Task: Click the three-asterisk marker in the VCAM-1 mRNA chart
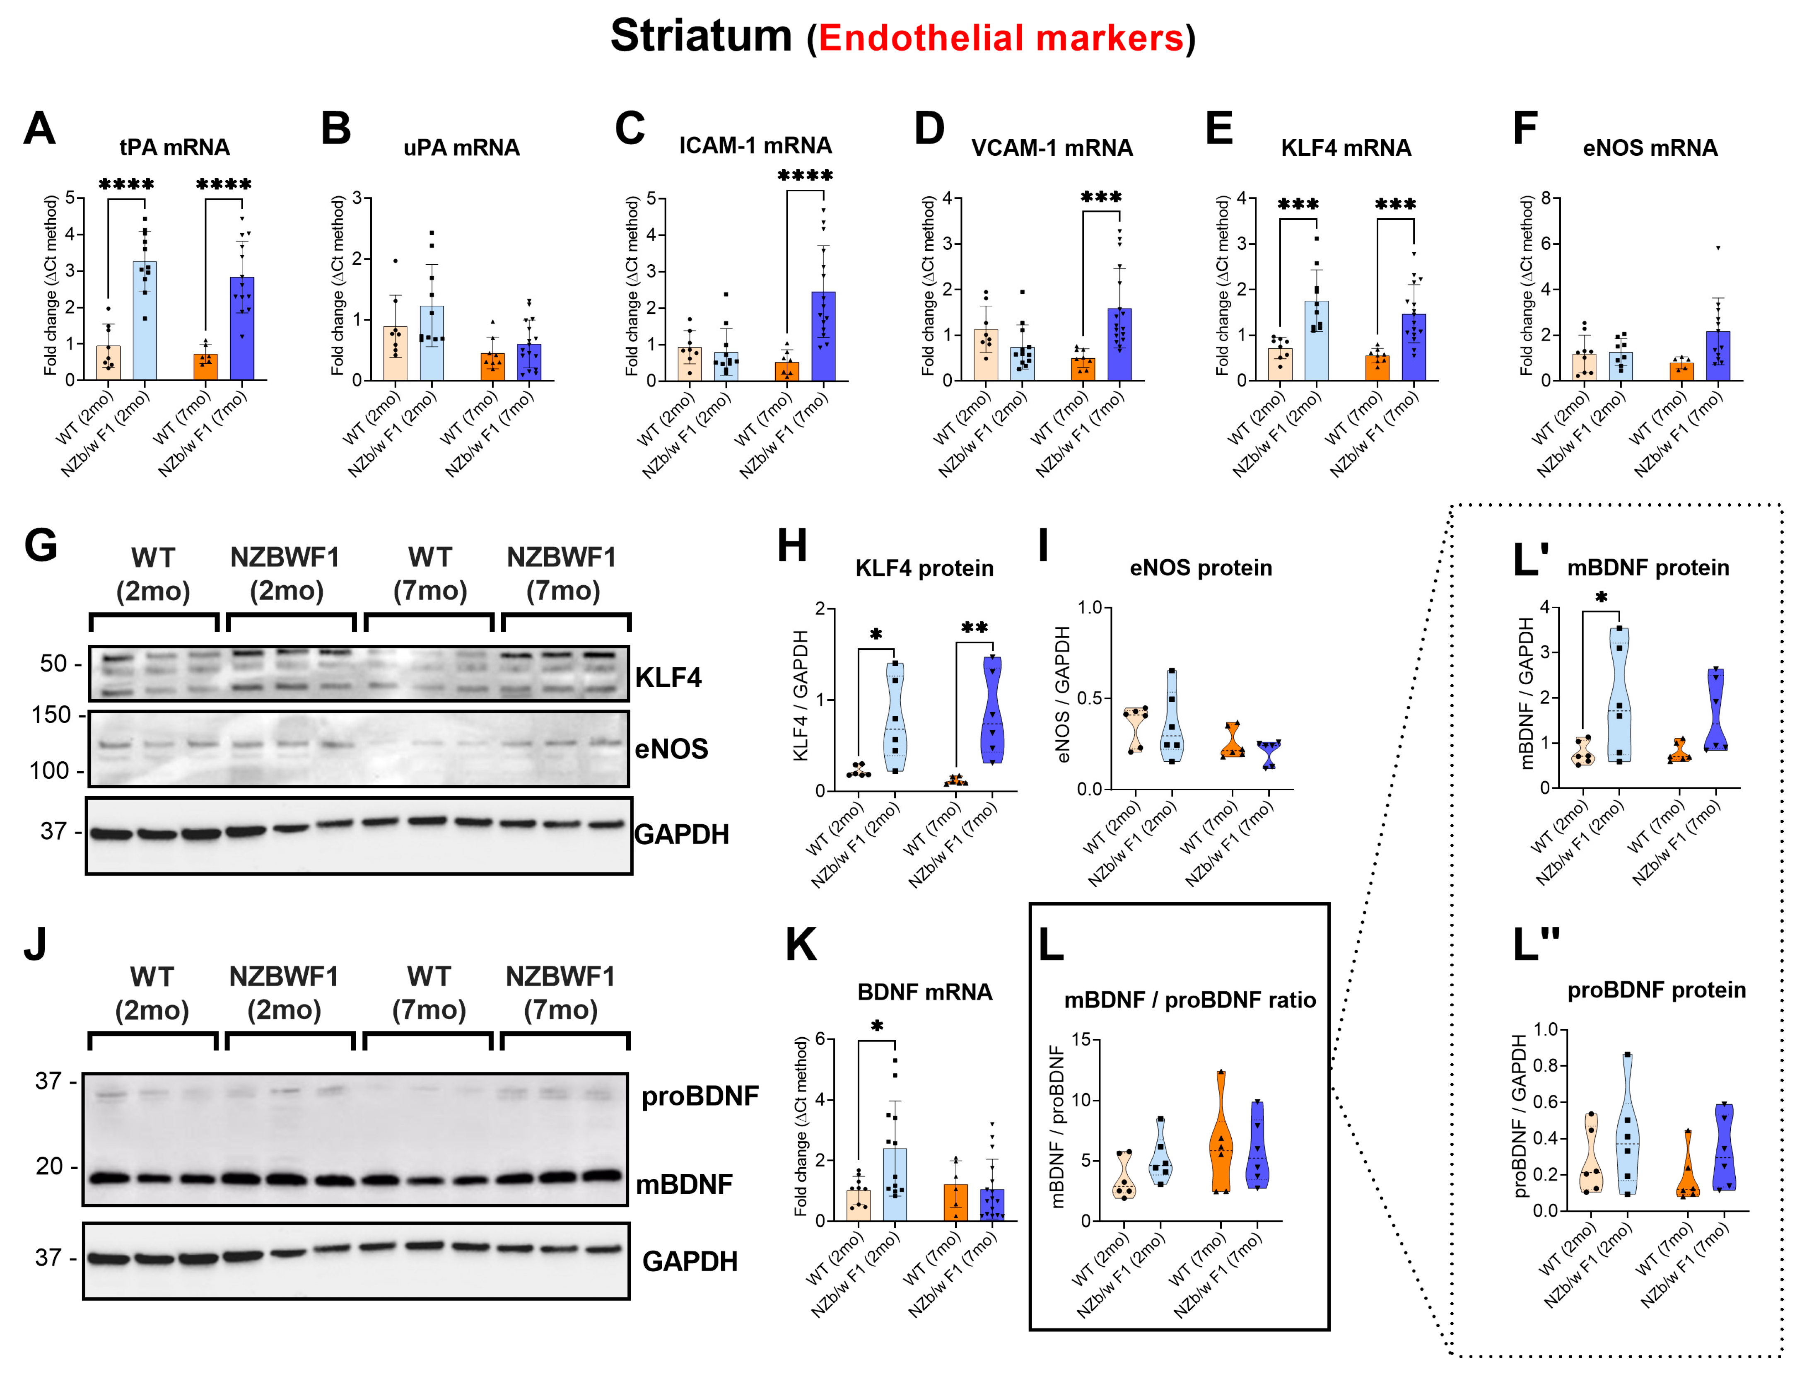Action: coord(1100,197)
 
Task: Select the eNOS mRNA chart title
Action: coord(1650,148)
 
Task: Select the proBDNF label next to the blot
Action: coord(700,1096)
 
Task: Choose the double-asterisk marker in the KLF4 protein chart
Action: coord(974,628)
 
